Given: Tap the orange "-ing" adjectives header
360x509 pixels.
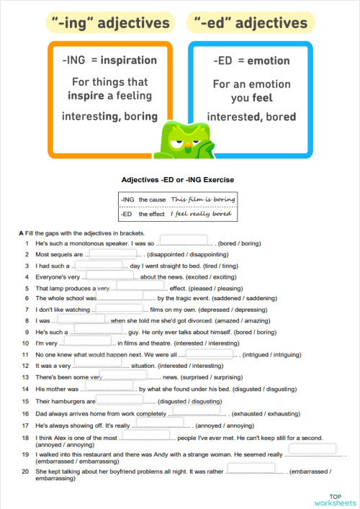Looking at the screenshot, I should tap(110, 23).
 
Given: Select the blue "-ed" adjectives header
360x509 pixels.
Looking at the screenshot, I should tap(251, 23).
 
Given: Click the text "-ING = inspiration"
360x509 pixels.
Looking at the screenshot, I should tap(110, 60).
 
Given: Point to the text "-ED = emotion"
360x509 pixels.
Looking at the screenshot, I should tap(251, 60).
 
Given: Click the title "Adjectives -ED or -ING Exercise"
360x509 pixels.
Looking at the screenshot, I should tap(178, 179).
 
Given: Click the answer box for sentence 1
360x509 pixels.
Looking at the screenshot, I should tap(183, 240).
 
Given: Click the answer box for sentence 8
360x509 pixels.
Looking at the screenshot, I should tap(81, 318).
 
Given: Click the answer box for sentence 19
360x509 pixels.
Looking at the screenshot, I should tap(312, 449).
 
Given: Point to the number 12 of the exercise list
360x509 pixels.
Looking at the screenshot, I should tap(26, 366).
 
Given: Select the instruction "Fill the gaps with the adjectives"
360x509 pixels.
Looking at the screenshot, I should tap(85, 233).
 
